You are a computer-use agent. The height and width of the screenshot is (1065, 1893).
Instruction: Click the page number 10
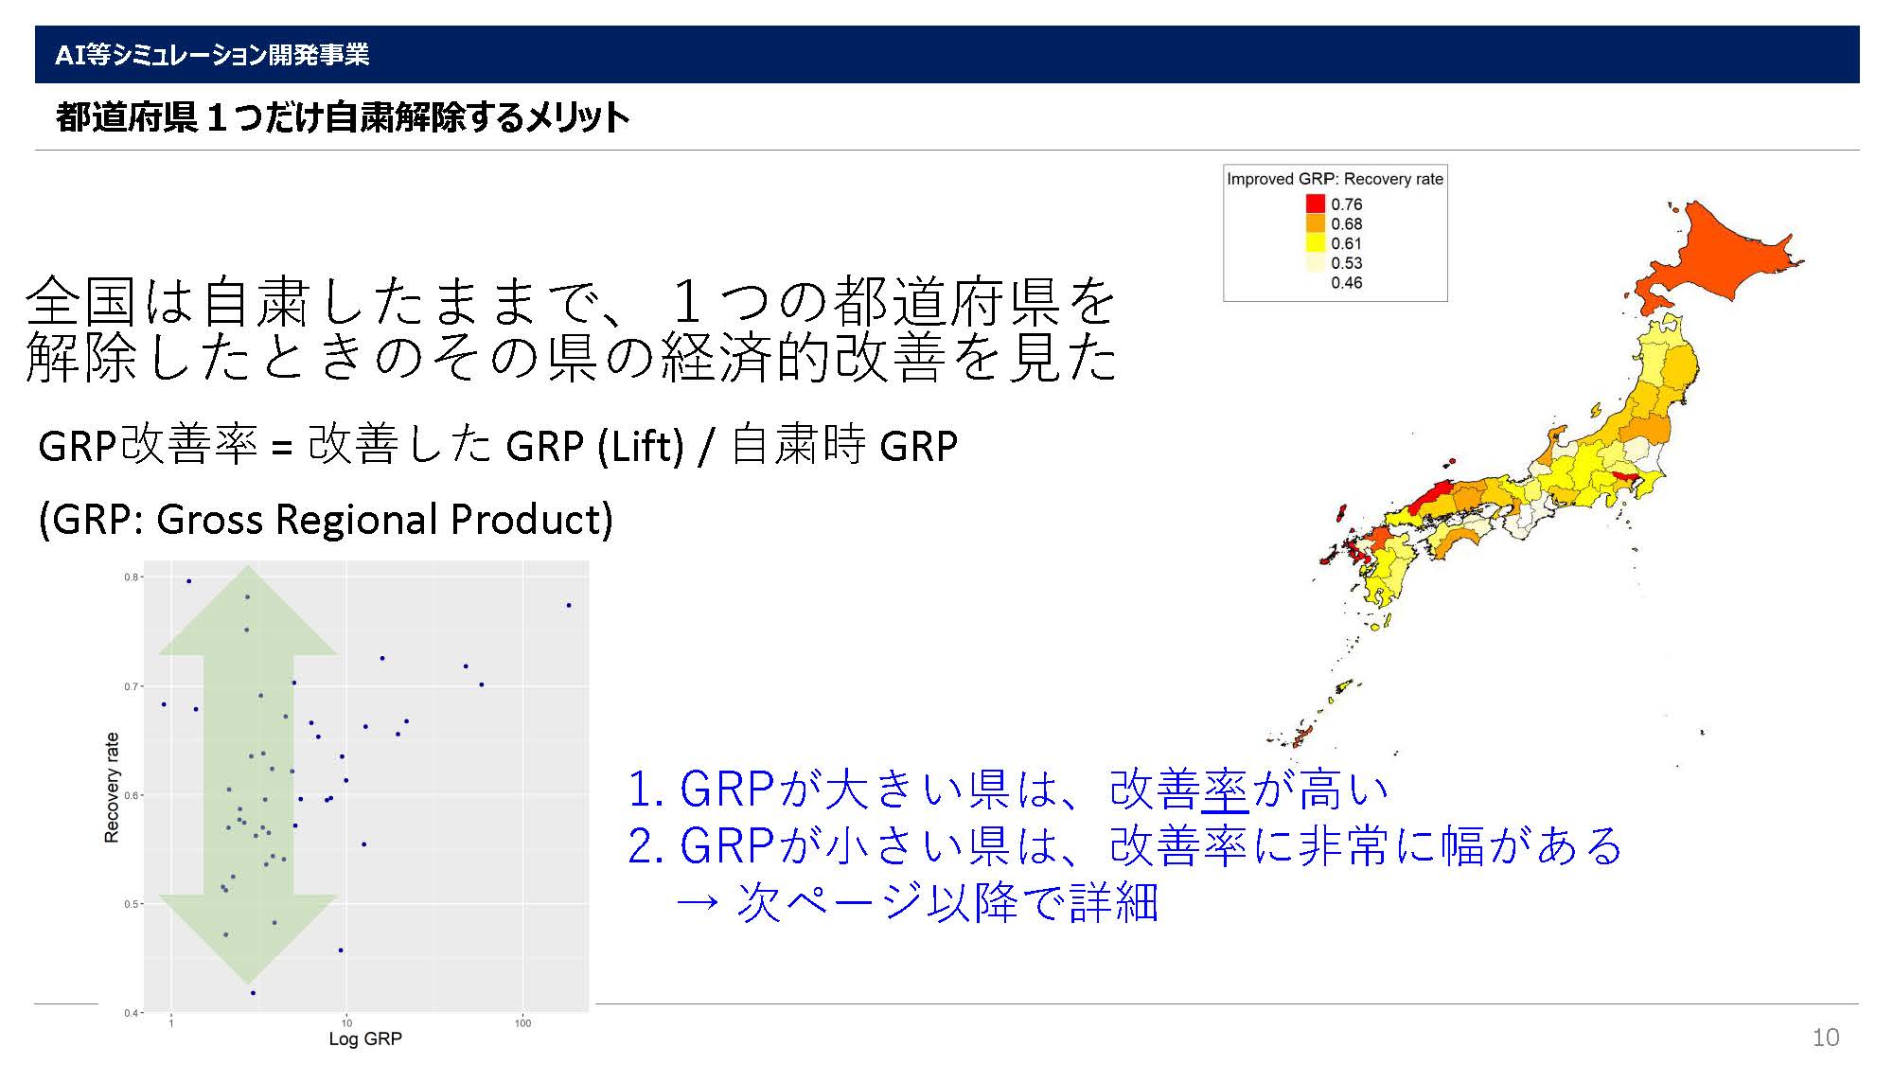(1825, 1038)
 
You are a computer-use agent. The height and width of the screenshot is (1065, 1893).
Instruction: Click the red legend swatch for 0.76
(1316, 204)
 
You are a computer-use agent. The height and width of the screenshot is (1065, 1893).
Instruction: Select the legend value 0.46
(1346, 283)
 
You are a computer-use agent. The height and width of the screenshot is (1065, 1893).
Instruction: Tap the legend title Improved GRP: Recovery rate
(1335, 179)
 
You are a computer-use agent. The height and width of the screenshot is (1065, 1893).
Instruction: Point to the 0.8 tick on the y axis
(132, 577)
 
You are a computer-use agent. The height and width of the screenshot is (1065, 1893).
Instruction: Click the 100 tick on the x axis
(522, 1022)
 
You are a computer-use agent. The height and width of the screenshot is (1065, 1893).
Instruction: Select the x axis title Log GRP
(365, 1039)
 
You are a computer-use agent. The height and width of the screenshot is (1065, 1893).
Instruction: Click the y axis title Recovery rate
(112, 788)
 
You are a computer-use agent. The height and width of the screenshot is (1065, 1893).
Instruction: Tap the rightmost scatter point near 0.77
(568, 605)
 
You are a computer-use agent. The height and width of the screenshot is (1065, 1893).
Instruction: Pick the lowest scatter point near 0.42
(253, 993)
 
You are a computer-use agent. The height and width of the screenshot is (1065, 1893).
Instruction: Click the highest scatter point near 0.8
(188, 581)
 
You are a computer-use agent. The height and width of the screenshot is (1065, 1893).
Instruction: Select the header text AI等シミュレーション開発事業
(212, 55)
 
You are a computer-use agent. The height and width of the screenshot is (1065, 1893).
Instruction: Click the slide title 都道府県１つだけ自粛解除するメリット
(343, 117)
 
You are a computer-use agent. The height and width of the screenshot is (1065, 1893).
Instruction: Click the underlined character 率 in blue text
(1226, 790)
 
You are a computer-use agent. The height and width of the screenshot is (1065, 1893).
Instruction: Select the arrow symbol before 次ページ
(699, 902)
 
